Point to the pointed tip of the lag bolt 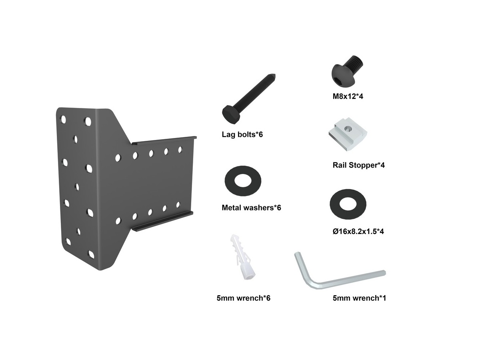[x=274, y=75]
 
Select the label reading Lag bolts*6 [x=242, y=134]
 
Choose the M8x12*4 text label [x=348, y=96]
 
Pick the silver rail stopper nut [x=348, y=134]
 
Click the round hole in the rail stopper [x=347, y=129]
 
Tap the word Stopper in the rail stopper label [x=363, y=165]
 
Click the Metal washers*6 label [x=251, y=208]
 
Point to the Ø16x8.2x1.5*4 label [x=358, y=231]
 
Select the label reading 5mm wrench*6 [x=243, y=298]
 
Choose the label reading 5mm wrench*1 [x=359, y=298]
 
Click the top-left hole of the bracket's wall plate [x=64, y=120]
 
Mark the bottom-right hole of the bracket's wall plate [x=91, y=255]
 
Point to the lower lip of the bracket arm [x=162, y=222]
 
